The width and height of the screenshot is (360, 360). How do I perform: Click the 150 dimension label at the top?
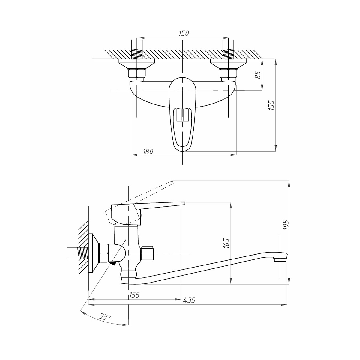184,33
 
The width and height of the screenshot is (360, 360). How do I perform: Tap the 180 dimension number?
148,151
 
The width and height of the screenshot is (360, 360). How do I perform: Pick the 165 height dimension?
226,243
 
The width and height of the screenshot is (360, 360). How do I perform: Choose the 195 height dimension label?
286,225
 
